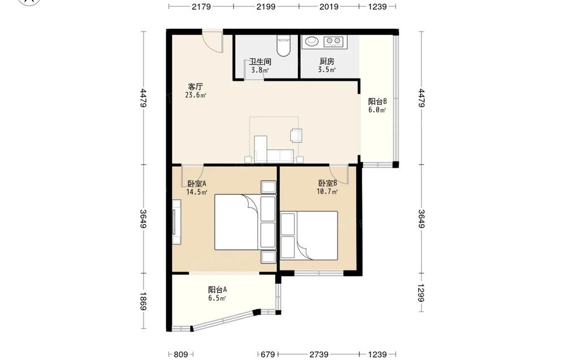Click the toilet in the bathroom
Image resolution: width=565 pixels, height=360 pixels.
(284, 46)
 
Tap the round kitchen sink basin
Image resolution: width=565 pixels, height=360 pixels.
(312, 41)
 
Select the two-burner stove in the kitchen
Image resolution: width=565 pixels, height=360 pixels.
(334, 41)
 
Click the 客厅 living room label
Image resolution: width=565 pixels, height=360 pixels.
(195, 87)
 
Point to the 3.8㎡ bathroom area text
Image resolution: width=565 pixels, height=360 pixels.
(260, 70)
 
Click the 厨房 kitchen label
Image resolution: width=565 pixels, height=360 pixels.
(327, 61)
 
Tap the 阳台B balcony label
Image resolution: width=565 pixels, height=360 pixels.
(377, 102)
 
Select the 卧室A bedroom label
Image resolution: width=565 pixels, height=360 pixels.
(197, 184)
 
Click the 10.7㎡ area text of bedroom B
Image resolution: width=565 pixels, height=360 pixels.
(327, 192)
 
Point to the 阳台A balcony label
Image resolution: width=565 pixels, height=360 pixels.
(218, 289)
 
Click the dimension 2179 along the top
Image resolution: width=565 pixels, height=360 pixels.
(201, 6)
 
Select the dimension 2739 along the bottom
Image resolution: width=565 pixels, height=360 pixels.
(319, 354)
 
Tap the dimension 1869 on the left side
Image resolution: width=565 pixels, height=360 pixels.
(143, 301)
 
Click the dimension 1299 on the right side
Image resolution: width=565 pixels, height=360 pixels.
(421, 293)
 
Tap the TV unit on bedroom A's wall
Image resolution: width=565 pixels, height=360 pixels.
(176, 222)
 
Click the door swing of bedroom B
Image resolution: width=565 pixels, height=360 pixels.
(338, 175)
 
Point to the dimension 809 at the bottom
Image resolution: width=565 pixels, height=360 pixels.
(181, 354)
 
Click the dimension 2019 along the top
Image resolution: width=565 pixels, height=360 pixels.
(329, 6)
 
